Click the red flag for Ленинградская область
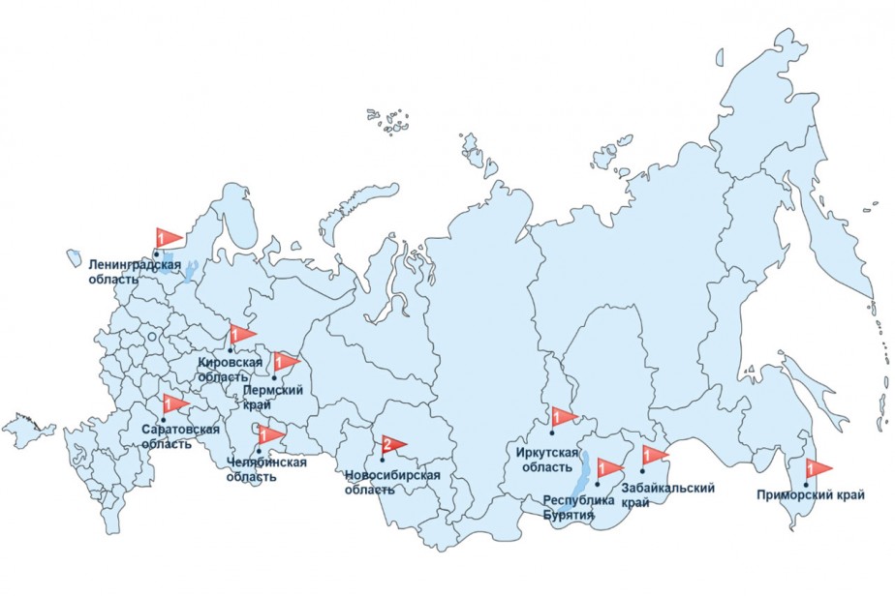169,237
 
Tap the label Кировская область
230,369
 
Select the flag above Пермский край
286,363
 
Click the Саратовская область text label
180,436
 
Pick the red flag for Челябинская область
270,434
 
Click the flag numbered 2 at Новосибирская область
393,445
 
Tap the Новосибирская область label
392,482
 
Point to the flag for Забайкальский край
654,455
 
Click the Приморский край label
811,496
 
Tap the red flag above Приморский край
818,469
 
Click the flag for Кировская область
241,335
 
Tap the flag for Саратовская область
174,404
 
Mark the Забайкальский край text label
668,494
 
